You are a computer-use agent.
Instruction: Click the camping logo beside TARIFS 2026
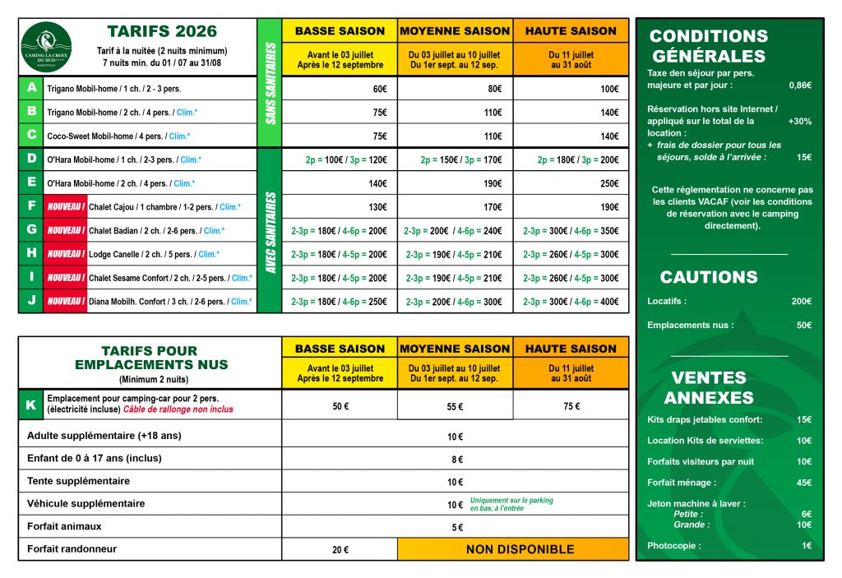pos(47,46)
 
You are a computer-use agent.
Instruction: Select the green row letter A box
pos(31,88)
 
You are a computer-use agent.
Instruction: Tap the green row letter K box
pos(31,405)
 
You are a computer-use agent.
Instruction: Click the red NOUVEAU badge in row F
pos(66,207)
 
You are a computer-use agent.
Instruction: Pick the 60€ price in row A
pos(379,89)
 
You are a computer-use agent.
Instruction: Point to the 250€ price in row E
pos(609,183)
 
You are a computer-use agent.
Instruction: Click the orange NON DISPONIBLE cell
pos(513,549)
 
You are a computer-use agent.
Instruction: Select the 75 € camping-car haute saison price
pos(571,406)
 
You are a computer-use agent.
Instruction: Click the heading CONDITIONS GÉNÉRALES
pos(709,46)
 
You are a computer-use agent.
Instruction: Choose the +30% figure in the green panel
pos(799,121)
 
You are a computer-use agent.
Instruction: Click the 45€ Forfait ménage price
pos(803,483)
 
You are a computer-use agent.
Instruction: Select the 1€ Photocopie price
pos(806,545)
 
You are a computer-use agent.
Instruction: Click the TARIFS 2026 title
pos(162,32)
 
